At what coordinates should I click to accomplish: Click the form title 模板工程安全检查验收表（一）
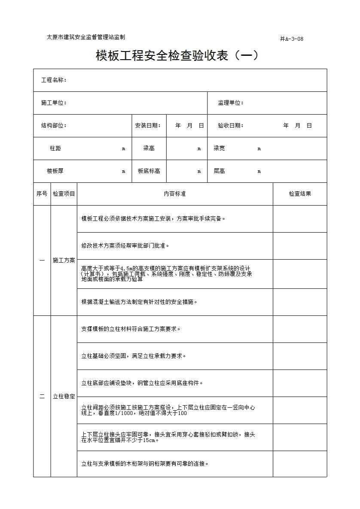[177, 56]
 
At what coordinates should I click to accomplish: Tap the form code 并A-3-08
[292, 39]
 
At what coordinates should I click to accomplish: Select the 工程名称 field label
[54, 80]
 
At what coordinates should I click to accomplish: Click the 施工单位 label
[54, 103]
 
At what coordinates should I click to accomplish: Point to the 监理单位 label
[231, 103]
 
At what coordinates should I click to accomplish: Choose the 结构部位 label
[54, 126]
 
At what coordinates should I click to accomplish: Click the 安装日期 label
[148, 126]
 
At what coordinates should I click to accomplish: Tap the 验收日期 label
[231, 126]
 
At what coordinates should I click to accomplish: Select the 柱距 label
[55, 148]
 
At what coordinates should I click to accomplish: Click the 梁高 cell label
[149, 148]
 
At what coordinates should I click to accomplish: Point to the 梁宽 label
[219, 148]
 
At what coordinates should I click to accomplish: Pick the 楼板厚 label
[55, 171]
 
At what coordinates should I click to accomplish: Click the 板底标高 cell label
[149, 171]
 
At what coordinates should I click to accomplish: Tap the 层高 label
[219, 171]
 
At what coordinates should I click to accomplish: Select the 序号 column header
[42, 194]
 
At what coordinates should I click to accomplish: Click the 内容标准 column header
[175, 194]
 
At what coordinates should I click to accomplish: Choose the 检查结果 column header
[300, 194]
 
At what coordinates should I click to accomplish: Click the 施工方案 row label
[64, 261]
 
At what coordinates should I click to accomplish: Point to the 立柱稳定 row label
[64, 397]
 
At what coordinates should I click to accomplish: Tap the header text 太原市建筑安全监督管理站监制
[86, 37]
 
